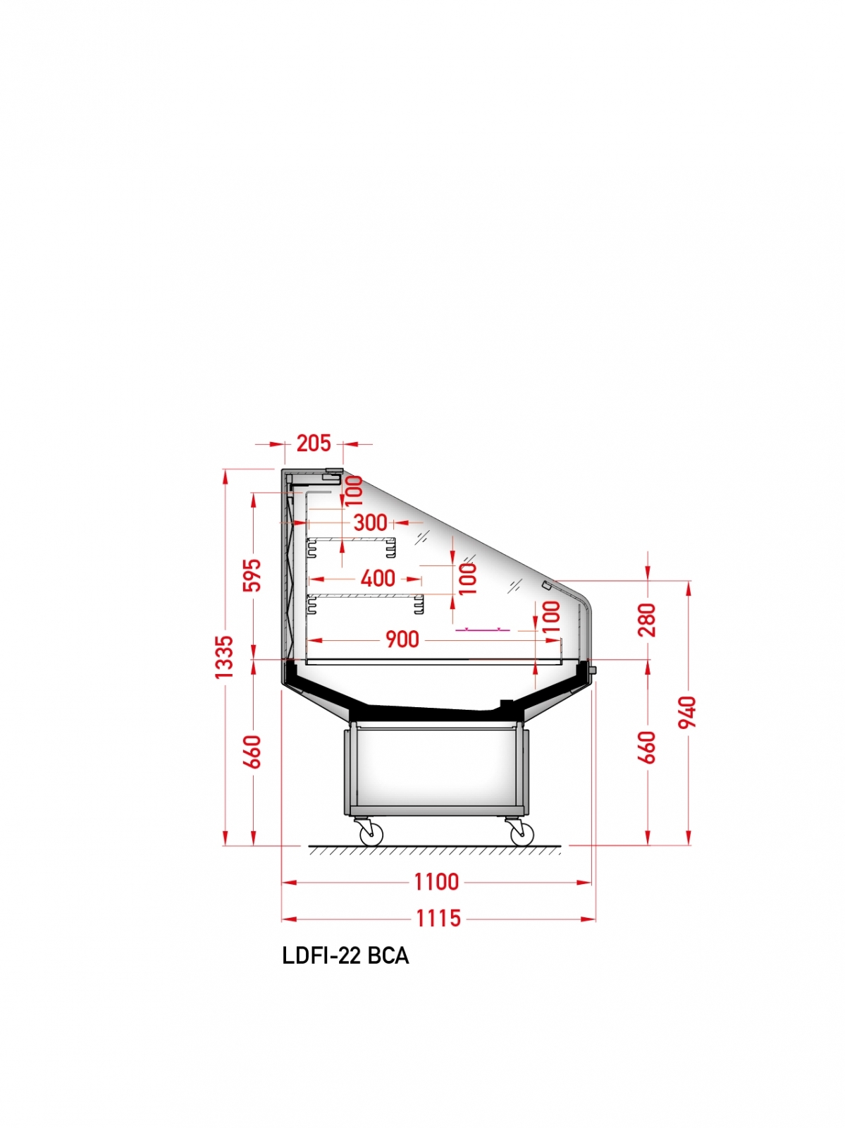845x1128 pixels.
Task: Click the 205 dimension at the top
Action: (314, 443)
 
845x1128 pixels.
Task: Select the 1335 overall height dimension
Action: (225, 657)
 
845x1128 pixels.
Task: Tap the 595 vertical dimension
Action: (253, 575)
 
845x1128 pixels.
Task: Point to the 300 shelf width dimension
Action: (371, 522)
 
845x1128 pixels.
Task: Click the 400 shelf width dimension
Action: (378, 579)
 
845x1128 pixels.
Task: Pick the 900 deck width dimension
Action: (402, 639)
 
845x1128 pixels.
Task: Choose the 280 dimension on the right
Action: (648, 620)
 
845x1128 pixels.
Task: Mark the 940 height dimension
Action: (688, 712)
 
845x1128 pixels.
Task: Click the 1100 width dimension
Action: (437, 882)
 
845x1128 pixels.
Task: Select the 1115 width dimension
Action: (438, 918)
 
